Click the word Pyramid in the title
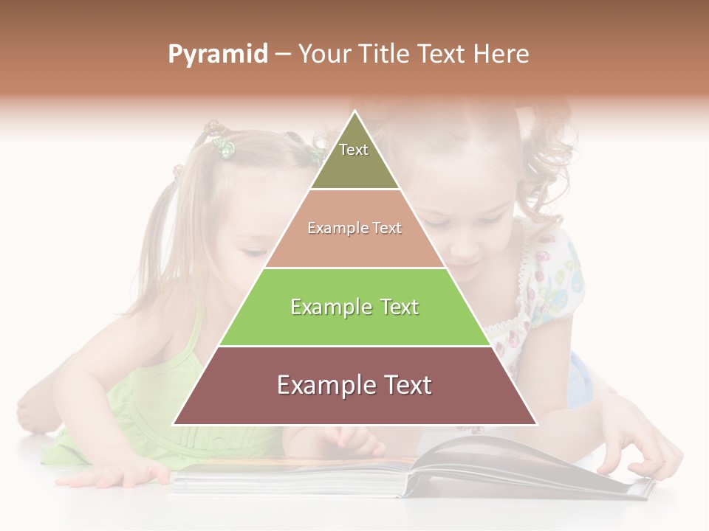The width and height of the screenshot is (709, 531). (217, 55)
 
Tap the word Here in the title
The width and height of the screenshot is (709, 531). (501, 55)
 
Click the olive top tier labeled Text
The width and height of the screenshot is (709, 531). (354, 158)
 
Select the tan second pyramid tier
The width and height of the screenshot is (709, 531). (354, 229)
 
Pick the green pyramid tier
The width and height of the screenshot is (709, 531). (354, 307)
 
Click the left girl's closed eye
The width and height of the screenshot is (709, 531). (255, 253)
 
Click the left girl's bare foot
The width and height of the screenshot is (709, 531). (33, 409)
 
